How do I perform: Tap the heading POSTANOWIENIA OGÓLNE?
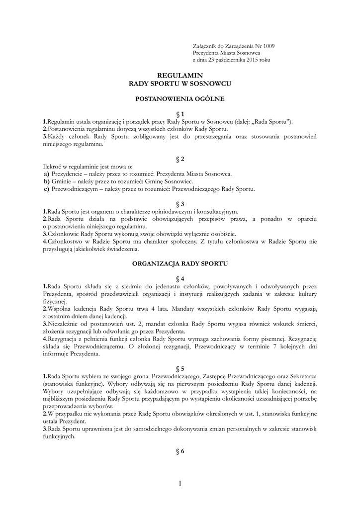[x=180, y=99]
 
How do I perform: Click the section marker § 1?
[x=180, y=114]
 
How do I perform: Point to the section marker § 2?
[x=180, y=159]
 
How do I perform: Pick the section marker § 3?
[x=180, y=204]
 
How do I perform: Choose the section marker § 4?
[x=180, y=278]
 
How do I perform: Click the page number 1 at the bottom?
[x=180, y=483]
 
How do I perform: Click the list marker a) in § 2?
[x=46, y=174]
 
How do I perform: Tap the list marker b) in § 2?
[x=47, y=182]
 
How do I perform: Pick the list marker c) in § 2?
[x=46, y=189]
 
